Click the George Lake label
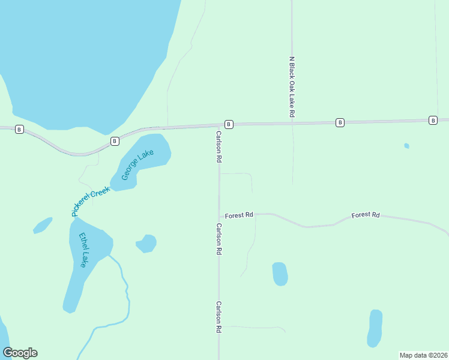pyautogui.click(x=137, y=164)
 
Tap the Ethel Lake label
pyautogui.click(x=80, y=250)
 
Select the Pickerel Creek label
pyautogui.click(x=91, y=202)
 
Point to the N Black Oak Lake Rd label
pyautogui.click(x=292, y=88)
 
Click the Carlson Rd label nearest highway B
pyautogui.click(x=219, y=147)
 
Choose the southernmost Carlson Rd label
pyautogui.click(x=219, y=317)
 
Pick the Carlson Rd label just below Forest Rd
pyautogui.click(x=219, y=239)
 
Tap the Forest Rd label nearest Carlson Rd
pyautogui.click(x=239, y=215)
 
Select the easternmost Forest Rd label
pyautogui.click(x=366, y=215)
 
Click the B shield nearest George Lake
pyautogui.click(x=115, y=142)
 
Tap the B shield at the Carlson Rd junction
pyautogui.click(x=229, y=124)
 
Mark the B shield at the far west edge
pyautogui.click(x=19, y=129)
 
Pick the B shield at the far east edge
pyautogui.click(x=433, y=121)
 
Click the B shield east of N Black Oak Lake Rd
pyautogui.click(x=340, y=122)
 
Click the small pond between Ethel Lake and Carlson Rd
pyautogui.click(x=146, y=243)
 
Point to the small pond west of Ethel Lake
pyautogui.click(x=42, y=225)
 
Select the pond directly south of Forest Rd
pyautogui.click(x=280, y=274)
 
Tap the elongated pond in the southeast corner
pyautogui.click(x=375, y=328)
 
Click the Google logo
pyautogui.click(x=20, y=353)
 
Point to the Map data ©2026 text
pyautogui.click(x=423, y=355)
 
